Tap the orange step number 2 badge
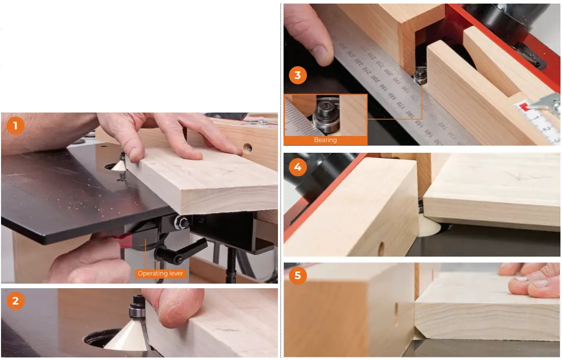click(15, 301)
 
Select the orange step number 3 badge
click(298, 76)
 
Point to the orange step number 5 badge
click(298, 276)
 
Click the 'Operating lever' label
click(160, 273)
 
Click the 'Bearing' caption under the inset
click(325, 140)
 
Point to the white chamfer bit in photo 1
click(119, 165)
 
